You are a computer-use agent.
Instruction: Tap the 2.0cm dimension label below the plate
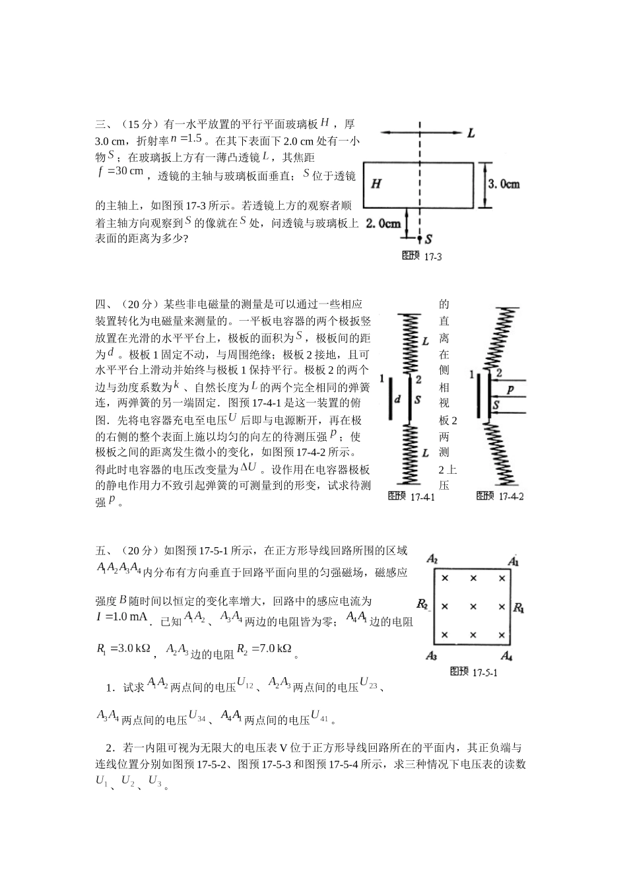tap(383, 224)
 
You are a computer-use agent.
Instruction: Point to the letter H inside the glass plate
tap(376, 184)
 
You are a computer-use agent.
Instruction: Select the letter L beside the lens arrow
tap(471, 133)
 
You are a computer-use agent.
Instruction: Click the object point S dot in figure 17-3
tap(420, 238)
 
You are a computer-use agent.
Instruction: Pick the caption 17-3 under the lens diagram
tap(422, 256)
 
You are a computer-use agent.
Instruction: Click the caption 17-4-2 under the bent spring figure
tap(500, 496)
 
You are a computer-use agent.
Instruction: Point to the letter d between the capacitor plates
tap(397, 400)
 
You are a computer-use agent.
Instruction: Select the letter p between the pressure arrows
tap(511, 391)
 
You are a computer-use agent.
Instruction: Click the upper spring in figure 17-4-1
tap(410, 344)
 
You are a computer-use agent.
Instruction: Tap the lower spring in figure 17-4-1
tap(410, 452)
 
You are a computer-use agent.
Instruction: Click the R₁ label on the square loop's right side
tap(519, 607)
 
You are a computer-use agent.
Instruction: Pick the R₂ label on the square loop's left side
tap(423, 604)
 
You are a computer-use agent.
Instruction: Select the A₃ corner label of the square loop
tap(432, 655)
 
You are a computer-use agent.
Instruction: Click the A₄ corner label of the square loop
tap(506, 655)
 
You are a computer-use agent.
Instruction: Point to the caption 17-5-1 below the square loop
tap(473, 672)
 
